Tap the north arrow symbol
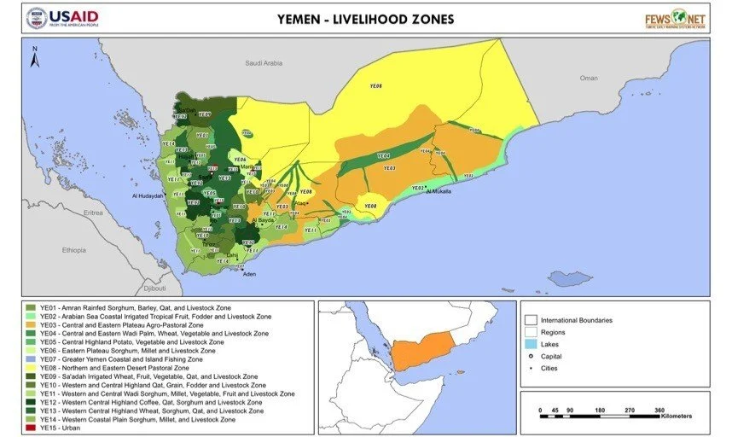(34, 56)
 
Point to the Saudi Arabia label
(263, 63)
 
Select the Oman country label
(589, 78)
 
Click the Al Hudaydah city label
(148, 195)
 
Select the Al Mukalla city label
(441, 191)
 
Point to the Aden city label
(249, 274)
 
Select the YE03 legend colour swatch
(31, 324)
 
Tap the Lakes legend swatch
(530, 344)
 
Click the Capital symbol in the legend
(530, 357)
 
